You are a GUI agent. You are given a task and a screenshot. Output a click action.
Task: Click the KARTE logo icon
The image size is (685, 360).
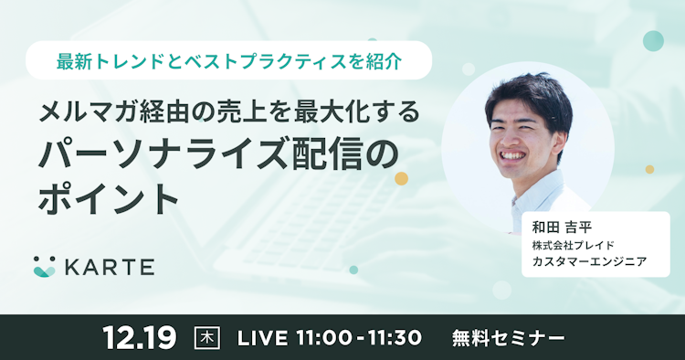44,266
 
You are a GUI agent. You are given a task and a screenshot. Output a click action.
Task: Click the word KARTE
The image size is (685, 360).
109,267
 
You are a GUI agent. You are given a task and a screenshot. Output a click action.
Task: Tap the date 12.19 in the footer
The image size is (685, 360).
139,337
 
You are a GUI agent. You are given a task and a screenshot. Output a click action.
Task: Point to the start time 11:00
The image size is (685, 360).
325,337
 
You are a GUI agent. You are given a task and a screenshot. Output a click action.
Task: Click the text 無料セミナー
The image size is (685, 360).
509,337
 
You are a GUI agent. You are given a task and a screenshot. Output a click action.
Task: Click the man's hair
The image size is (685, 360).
530,91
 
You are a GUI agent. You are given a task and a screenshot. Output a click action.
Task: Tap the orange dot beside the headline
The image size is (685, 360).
401,178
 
